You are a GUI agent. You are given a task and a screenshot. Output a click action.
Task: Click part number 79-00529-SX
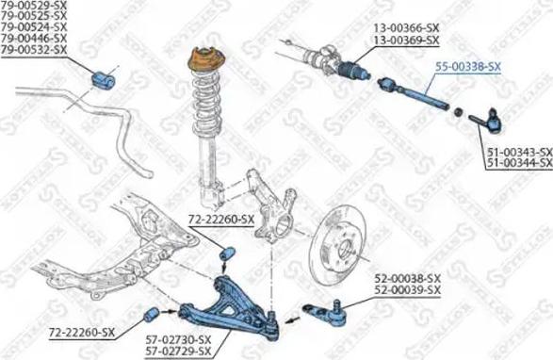[x=34, y=7]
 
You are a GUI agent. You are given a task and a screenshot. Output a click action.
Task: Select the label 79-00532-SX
[x=34, y=48]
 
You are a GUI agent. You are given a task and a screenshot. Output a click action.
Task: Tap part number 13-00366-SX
[x=407, y=29]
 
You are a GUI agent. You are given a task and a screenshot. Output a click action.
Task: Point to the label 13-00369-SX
[x=407, y=41]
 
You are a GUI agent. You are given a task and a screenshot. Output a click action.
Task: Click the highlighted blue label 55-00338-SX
[x=468, y=67]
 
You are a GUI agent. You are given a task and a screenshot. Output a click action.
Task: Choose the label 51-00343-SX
[x=518, y=152]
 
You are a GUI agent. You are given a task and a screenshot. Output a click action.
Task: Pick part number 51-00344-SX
[x=518, y=163]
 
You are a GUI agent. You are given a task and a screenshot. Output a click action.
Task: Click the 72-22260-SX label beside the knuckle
[x=221, y=220]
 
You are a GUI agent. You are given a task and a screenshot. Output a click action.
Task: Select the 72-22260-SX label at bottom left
[x=81, y=332]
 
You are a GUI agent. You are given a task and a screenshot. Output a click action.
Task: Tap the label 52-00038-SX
[x=408, y=279]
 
